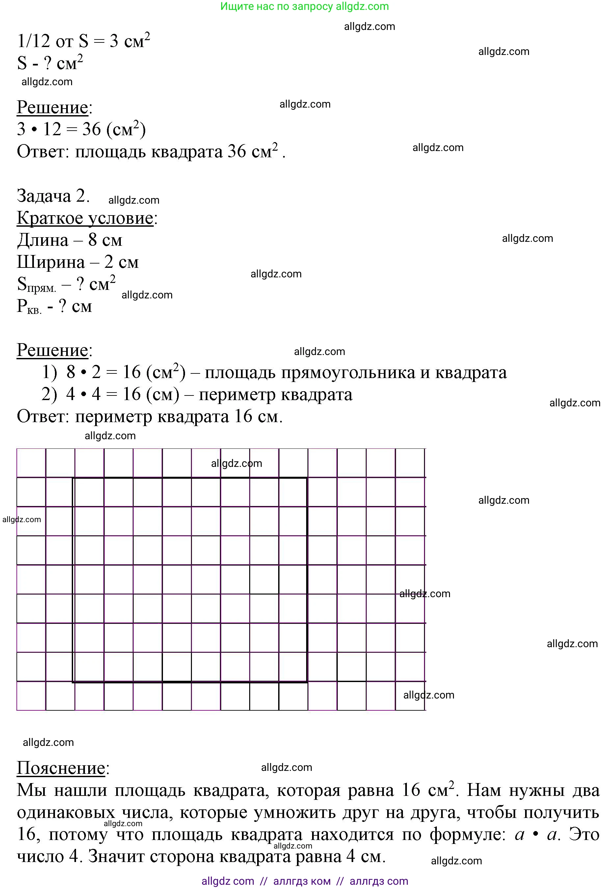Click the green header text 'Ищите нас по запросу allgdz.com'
[304, 7]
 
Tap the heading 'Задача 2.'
[53, 196]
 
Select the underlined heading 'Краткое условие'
[85, 218]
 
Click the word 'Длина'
[42, 241]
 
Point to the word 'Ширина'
[50, 263]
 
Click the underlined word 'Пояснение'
[61, 768]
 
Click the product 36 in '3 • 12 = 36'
[92, 129]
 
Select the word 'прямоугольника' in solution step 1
[309, 372]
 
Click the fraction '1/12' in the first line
[34, 41]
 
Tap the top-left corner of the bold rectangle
[73, 478]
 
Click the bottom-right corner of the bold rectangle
[307, 682]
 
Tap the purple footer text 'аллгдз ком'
[302, 881]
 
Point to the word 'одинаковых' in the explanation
[66, 812]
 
